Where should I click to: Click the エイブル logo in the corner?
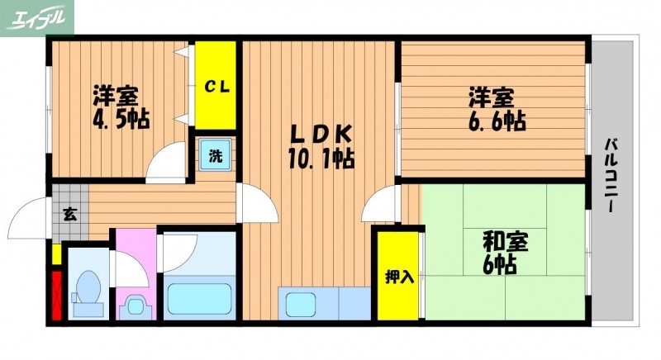click(x=36, y=17)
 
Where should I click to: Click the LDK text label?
click(x=320, y=133)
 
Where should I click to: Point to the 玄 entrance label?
click(x=70, y=216)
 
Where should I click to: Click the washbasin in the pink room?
click(x=135, y=306)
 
